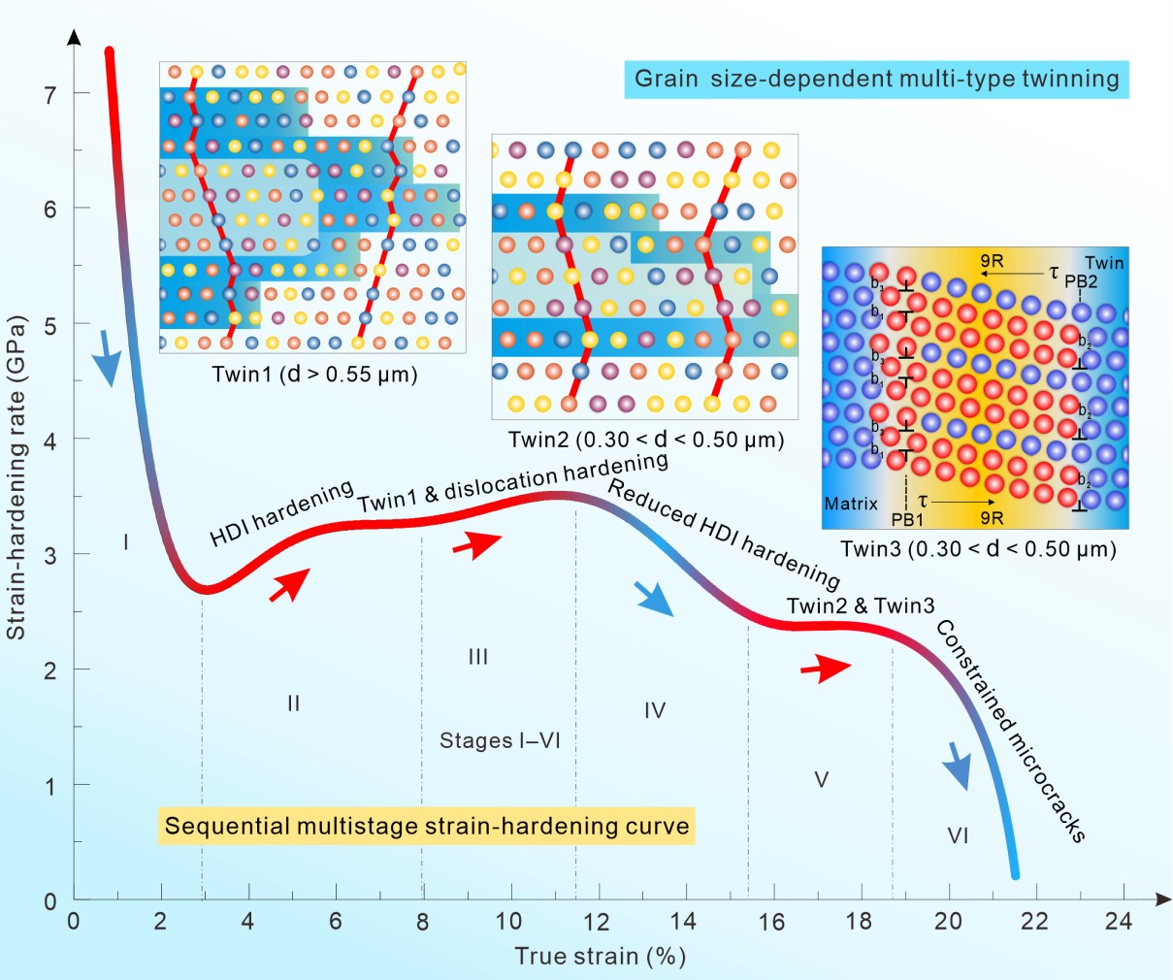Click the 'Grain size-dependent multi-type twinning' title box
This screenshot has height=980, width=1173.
(876, 80)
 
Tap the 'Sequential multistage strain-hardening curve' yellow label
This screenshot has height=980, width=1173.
(427, 826)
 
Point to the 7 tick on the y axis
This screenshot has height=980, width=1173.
(50, 93)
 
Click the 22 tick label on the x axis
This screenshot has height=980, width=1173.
(1034, 921)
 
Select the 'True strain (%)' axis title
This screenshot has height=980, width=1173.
(600, 956)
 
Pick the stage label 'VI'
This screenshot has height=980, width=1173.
(958, 835)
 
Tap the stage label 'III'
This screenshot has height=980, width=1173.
(477, 657)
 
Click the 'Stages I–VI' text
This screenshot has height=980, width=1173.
(500, 741)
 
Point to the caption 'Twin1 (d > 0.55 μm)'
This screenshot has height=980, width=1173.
(314, 375)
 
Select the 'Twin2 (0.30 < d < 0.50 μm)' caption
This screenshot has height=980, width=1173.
(645, 440)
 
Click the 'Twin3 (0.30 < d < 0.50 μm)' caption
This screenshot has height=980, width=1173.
(978, 549)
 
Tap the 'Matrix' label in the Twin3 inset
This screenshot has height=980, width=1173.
(851, 504)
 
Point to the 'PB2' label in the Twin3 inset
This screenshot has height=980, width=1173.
(1081, 281)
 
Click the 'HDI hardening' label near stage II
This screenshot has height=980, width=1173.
(281, 513)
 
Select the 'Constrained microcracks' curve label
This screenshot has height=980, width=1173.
(1010, 731)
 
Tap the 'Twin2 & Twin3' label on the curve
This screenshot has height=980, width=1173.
(861, 606)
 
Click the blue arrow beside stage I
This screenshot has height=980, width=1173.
(108, 358)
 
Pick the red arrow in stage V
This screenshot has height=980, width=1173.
(825, 668)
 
